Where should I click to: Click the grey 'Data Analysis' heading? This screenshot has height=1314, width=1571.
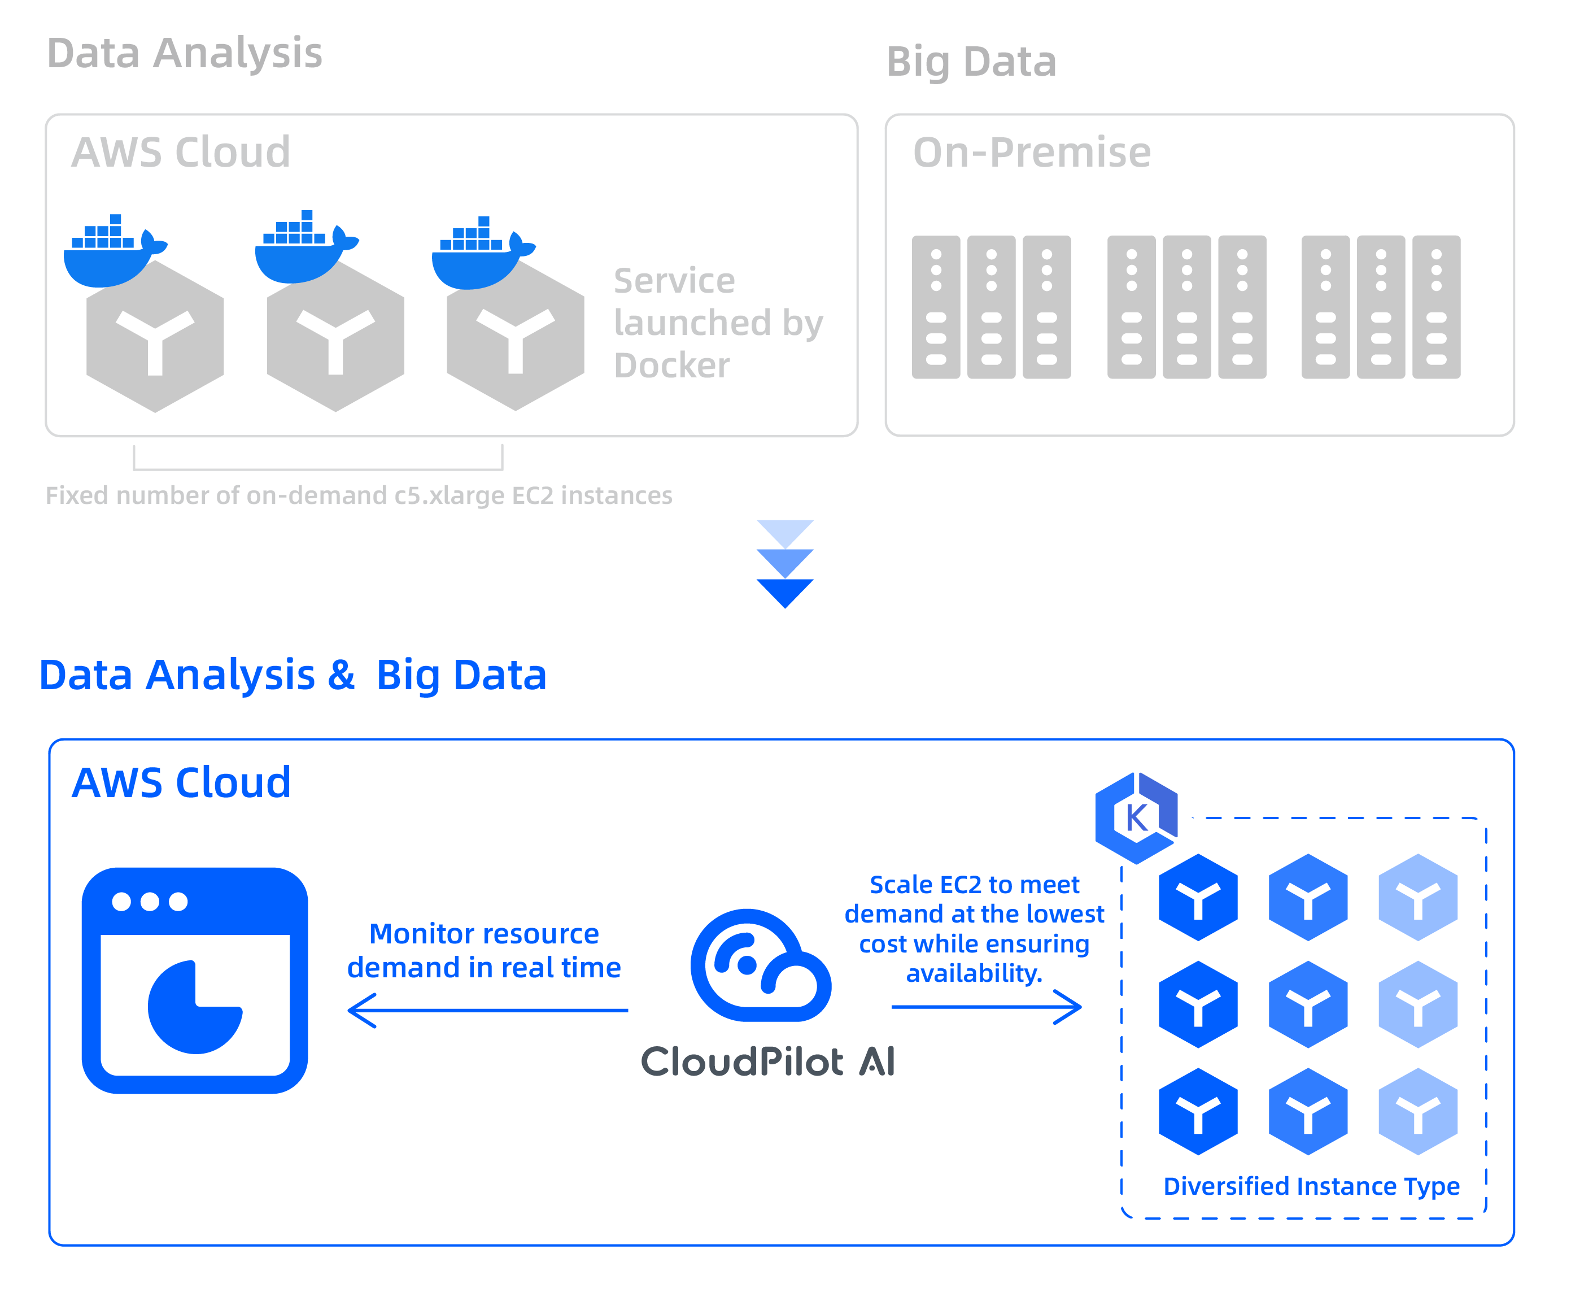pyautogui.click(x=184, y=54)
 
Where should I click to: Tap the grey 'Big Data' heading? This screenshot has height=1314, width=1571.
pyautogui.click(x=971, y=62)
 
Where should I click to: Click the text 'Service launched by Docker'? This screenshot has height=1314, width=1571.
pyautogui.click(x=717, y=323)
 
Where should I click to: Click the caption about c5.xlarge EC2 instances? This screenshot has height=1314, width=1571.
pyautogui.click(x=359, y=495)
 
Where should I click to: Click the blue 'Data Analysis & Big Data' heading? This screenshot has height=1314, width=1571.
pyautogui.click(x=293, y=675)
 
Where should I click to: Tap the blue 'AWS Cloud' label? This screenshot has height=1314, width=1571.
pyautogui.click(x=181, y=783)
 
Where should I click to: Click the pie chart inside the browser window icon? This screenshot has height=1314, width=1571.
pyautogui.click(x=194, y=1007)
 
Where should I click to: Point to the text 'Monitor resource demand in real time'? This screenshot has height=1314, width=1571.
pyautogui.click(x=484, y=950)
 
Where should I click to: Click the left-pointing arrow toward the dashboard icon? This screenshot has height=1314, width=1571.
pyautogui.click(x=487, y=1011)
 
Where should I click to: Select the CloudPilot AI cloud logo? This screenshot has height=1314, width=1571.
pyautogui.click(x=760, y=965)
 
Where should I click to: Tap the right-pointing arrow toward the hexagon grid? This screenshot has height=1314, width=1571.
pyautogui.click(x=986, y=1007)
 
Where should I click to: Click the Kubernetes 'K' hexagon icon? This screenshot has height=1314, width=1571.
pyautogui.click(x=1136, y=817)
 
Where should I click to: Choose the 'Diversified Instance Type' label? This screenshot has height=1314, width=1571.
pyautogui.click(x=1311, y=1186)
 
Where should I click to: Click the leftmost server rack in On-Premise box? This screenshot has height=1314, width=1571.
pyautogui.click(x=936, y=307)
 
